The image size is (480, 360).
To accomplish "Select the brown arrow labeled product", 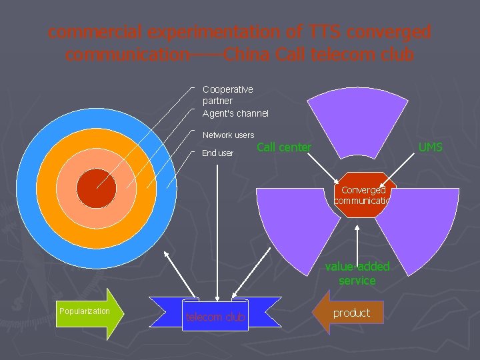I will point(349,313).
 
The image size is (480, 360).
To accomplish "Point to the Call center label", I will point(284,147).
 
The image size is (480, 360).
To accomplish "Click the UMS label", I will point(430,147).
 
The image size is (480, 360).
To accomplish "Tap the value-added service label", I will point(357,274).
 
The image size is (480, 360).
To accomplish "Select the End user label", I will point(218,153).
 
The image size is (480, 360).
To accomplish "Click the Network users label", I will point(228,135).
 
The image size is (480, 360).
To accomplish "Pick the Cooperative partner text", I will point(227,95).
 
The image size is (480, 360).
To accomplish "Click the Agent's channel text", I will point(235,113).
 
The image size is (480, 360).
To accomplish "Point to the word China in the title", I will point(248,54).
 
